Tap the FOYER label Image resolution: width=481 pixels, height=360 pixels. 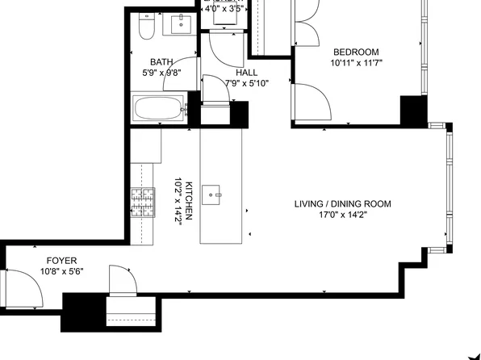point(61,261)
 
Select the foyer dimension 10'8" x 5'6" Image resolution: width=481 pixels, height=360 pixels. point(61,272)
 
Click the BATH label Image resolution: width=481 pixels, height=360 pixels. point(161,61)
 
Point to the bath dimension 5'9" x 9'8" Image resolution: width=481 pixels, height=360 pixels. point(161,72)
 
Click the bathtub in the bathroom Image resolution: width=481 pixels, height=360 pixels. point(159,109)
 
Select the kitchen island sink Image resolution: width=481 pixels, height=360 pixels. point(214,193)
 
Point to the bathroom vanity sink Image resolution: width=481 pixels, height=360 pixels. point(179,23)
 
